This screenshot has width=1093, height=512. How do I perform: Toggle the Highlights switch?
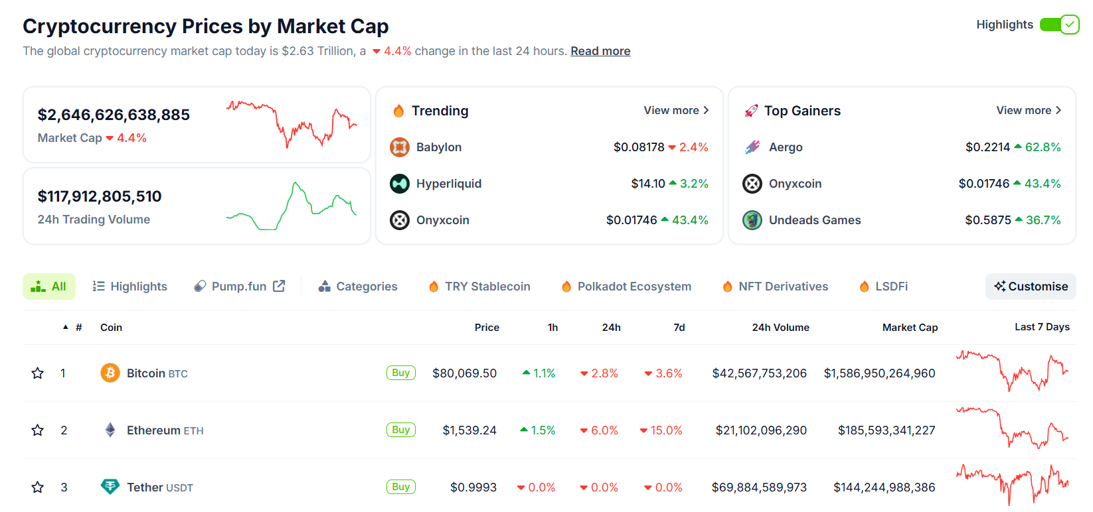coord(1059,25)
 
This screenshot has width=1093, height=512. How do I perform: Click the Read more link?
coord(600,51)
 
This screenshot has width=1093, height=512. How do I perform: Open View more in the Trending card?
coord(676,110)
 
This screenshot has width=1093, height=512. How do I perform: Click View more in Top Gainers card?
coord(1029,110)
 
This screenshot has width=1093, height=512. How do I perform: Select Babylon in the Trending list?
coord(438,147)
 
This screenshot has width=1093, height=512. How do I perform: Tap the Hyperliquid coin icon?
coord(400,184)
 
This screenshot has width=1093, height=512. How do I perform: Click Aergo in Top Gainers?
coord(786,147)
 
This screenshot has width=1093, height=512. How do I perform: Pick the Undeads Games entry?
coord(815,220)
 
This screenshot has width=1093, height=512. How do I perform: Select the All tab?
coord(49,287)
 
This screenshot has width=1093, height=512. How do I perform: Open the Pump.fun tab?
coord(239,287)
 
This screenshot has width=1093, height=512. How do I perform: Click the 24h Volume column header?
coord(780,328)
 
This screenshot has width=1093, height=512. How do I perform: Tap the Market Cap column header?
coord(910,328)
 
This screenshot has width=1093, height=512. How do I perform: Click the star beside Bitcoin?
coord(38,373)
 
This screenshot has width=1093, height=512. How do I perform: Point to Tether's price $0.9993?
coord(473,487)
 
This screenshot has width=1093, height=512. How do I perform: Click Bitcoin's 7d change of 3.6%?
coord(663,373)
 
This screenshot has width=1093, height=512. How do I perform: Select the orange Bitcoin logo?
coord(110,373)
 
